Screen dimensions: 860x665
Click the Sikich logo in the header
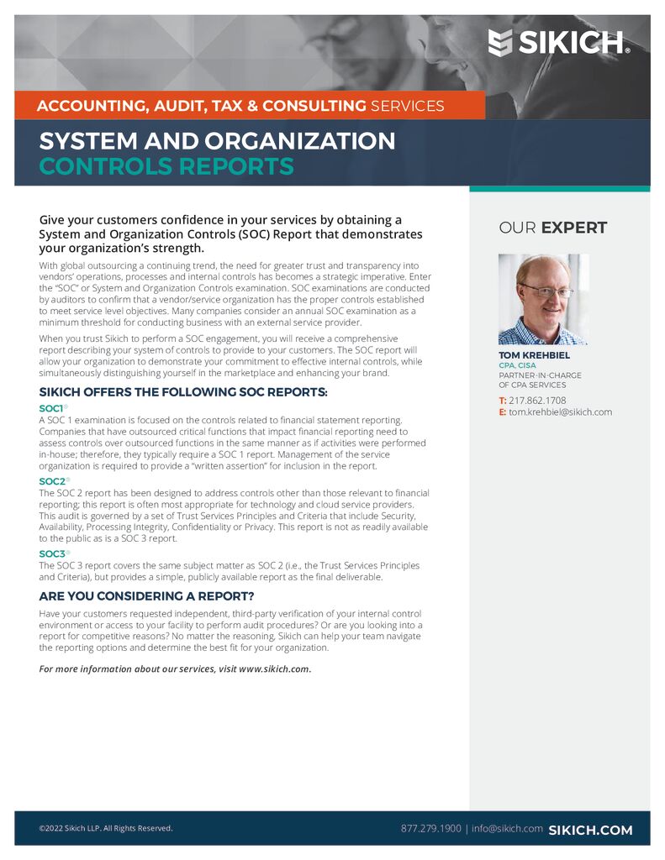click(x=559, y=41)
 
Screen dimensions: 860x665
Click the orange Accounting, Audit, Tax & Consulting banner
click(x=240, y=106)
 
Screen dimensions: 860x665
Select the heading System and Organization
click(x=217, y=140)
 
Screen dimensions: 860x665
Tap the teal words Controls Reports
click(x=166, y=166)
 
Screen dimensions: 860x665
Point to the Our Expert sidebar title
click(x=552, y=228)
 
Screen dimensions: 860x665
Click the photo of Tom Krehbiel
click(x=543, y=300)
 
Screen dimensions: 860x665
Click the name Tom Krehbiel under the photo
click(x=534, y=355)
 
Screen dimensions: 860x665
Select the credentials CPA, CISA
click(x=517, y=365)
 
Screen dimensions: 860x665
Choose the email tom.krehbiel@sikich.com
click(x=560, y=412)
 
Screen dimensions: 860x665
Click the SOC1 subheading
click(x=52, y=408)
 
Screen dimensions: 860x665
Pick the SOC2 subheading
click(x=52, y=481)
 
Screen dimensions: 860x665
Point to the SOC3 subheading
click(x=52, y=554)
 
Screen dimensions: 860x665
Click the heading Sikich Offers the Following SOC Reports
click(x=183, y=392)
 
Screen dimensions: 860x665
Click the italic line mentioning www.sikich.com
click(x=176, y=669)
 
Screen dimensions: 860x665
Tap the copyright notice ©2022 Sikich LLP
click(x=106, y=829)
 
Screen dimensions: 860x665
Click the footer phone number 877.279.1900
click(x=430, y=829)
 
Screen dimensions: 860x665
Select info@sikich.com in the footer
click(x=507, y=829)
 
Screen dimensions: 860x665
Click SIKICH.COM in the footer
click(x=590, y=830)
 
